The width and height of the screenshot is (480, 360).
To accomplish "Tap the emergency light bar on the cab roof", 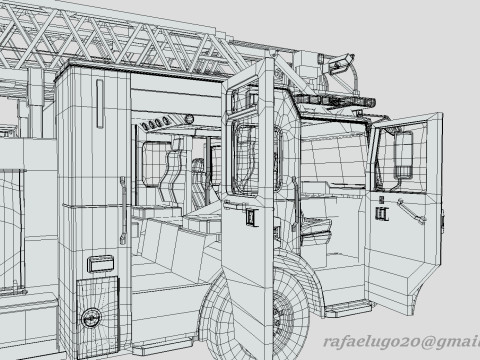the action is (x=334, y=100).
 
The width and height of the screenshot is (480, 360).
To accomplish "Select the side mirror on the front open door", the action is (x=404, y=154).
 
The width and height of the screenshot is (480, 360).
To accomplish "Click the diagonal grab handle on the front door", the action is (x=412, y=212).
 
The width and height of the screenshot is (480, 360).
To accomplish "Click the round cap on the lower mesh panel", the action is (x=91, y=317).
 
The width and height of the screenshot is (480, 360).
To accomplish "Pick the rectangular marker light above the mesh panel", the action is (x=100, y=264).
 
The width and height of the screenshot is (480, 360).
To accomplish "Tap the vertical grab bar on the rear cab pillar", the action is (x=123, y=210).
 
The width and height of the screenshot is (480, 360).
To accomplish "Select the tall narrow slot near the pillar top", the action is (x=100, y=103).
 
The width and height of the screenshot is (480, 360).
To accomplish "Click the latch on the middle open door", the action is (x=252, y=218).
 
